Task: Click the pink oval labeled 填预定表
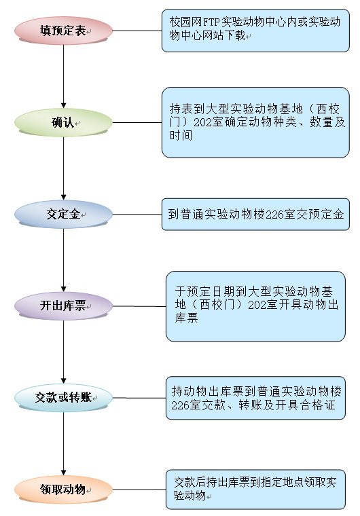click(64, 31)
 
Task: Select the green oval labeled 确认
click(64, 122)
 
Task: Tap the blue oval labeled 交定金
click(64, 215)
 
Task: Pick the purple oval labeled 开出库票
click(64, 306)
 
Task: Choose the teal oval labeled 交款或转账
click(64, 398)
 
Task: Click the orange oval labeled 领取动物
click(64, 490)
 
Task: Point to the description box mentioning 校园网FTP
click(255, 31)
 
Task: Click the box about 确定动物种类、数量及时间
click(255, 122)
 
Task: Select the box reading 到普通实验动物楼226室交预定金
click(255, 215)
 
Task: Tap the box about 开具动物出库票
click(255, 306)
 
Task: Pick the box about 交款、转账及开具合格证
click(255, 398)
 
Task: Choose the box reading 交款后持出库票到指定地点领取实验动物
click(255, 490)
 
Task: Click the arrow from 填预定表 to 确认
click(64, 76)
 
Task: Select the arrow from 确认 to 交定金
click(64, 168)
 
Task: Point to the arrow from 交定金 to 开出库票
click(64, 260)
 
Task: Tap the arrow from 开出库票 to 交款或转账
click(64, 352)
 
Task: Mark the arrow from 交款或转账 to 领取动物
click(64, 443)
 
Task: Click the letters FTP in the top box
click(211, 22)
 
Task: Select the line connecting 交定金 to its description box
click(137, 215)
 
